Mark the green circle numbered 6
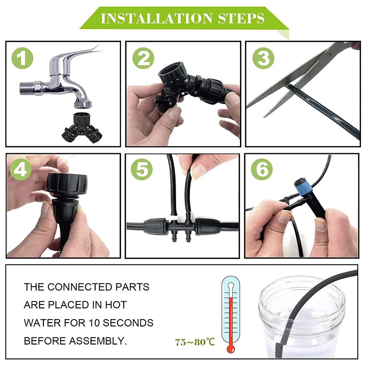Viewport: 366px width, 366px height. [262, 169]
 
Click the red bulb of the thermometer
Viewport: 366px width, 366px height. [230, 348]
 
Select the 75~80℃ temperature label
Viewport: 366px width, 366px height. [195, 342]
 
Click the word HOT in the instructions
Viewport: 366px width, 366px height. [117, 305]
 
